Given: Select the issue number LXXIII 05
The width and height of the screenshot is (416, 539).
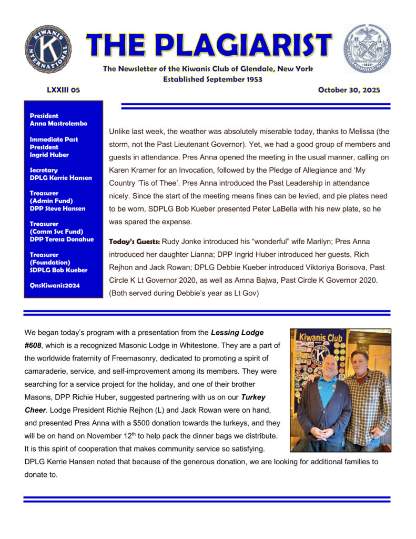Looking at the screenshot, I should click(x=64, y=90).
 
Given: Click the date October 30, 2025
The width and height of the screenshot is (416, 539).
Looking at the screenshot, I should click(x=349, y=90).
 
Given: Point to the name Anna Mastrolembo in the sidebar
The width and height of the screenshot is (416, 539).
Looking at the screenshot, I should click(x=58, y=124).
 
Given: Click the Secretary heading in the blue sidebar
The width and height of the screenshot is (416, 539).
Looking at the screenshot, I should click(x=44, y=170).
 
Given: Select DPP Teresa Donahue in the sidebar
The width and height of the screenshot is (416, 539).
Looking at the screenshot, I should click(x=61, y=239).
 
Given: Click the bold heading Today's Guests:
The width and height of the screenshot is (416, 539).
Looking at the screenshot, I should click(x=134, y=242).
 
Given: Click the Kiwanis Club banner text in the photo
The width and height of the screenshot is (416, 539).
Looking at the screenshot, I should click(x=320, y=337).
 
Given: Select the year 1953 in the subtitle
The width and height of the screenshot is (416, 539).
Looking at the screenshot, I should click(x=252, y=79).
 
